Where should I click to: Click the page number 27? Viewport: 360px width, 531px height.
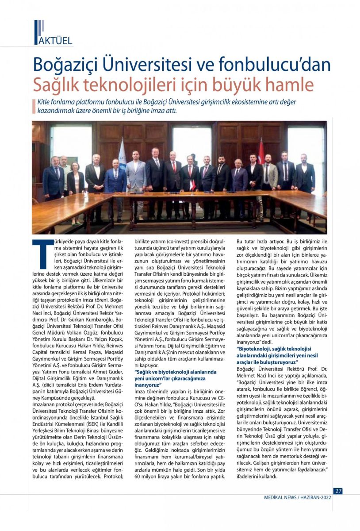tap(338, 491)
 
